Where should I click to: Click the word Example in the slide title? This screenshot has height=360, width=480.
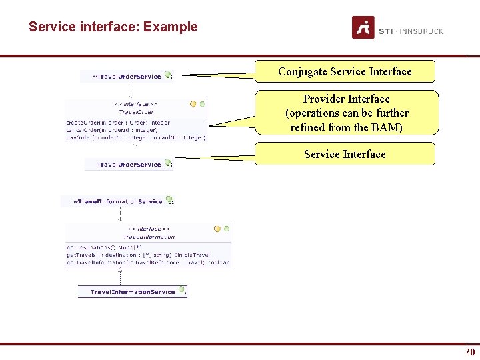coord(170,27)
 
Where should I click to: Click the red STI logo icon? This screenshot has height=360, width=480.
coord(363,28)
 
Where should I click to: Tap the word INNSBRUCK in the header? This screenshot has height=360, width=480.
coord(421,31)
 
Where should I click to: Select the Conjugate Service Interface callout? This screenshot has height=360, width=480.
coord(345,71)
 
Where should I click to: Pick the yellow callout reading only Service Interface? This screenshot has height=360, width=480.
coord(345,154)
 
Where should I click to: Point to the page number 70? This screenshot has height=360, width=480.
coord(470,351)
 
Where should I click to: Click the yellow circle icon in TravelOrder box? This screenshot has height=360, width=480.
coord(193,104)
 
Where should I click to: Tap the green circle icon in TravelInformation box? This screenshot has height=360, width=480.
coord(227,229)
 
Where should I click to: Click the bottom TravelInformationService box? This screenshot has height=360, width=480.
coord(133,292)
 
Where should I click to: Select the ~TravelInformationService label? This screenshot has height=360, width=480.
coord(119,201)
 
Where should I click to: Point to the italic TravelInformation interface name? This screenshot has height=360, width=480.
coord(149,237)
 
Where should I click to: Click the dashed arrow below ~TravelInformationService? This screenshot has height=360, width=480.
coord(121,215)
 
